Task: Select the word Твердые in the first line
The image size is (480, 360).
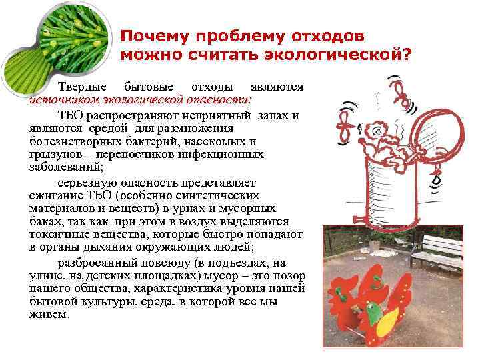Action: pos(80,87)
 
